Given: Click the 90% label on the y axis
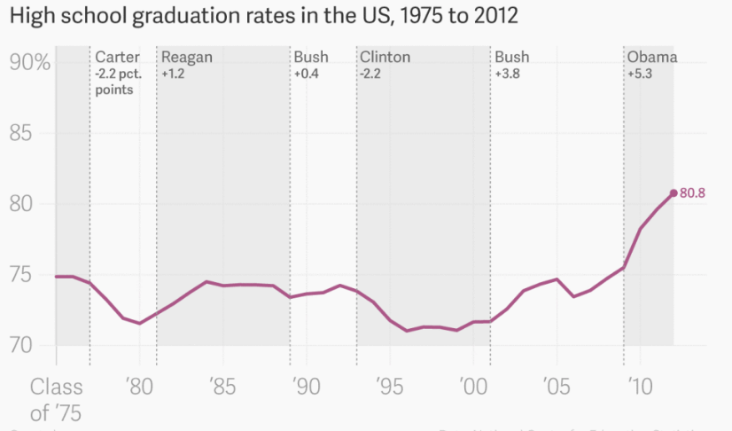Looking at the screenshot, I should click(x=30, y=63).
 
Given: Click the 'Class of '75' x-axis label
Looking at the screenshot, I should click(x=57, y=399).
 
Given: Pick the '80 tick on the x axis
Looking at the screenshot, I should click(x=138, y=387).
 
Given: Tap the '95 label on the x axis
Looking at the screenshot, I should click(x=389, y=387).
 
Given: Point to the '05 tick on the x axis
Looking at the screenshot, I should click(x=557, y=387).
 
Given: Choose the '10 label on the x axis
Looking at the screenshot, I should click(x=640, y=387).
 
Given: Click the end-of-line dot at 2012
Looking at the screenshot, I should click(x=674, y=193).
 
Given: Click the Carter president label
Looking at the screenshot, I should click(x=117, y=58).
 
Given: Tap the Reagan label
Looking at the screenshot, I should click(x=186, y=58).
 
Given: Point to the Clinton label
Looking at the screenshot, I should click(x=385, y=58).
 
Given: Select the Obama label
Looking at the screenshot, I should click(x=652, y=58).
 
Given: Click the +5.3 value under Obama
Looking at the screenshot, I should click(x=639, y=74).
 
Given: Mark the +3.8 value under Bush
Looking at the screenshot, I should click(x=507, y=74).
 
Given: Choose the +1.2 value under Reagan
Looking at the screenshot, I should click(x=172, y=74).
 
